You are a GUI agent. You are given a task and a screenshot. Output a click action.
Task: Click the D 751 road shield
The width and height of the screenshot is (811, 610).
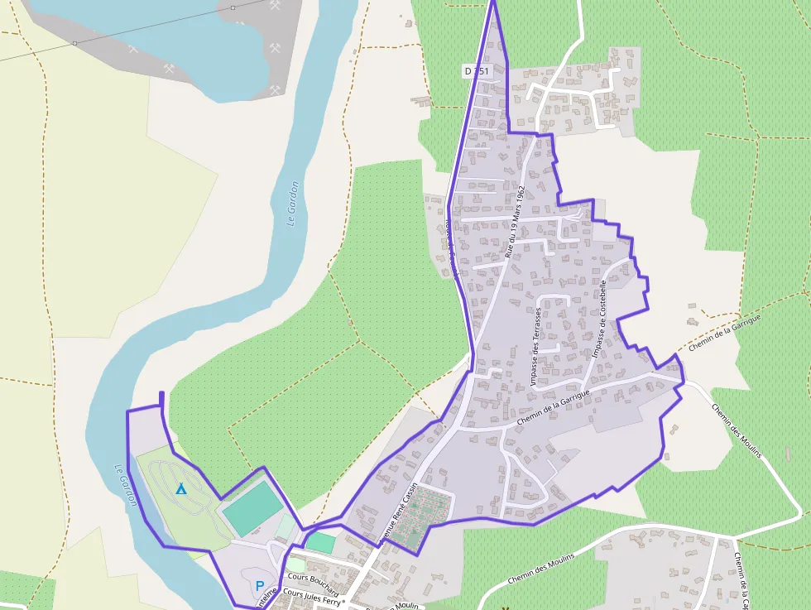477,71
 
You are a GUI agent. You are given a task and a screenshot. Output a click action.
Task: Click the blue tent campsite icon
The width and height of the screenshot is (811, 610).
181,489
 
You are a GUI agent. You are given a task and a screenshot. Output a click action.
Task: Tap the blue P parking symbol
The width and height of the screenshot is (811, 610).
260,586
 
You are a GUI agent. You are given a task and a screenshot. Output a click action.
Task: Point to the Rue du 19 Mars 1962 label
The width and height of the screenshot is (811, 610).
515,222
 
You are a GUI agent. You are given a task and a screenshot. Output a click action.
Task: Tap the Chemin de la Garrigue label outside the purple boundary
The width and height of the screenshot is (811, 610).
723,330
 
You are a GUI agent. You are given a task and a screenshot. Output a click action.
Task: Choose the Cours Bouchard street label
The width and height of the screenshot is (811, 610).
313,579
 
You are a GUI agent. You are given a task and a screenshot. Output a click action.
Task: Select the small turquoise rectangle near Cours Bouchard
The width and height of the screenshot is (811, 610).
321,543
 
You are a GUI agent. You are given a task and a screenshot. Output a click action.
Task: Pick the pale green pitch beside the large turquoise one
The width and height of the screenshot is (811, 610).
286,526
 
